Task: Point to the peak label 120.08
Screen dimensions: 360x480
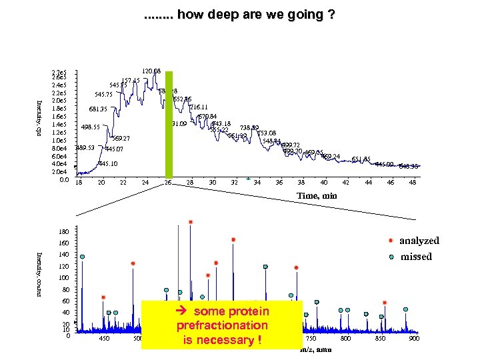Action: coord(151,71)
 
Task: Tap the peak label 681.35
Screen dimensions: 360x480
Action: coord(99,109)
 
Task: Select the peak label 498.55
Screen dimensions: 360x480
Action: coord(90,127)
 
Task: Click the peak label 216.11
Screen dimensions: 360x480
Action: coord(199,107)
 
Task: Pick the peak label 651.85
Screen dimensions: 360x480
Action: coord(361,159)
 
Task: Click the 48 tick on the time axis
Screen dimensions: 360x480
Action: coord(413,183)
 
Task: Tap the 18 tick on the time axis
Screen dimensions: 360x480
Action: coord(79,183)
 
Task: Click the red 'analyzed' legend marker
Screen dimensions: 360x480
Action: coord(391,241)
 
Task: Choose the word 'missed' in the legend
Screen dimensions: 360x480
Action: coord(415,257)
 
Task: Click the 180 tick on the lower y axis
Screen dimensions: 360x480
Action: coord(63,232)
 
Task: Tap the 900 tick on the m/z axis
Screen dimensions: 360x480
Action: coord(413,339)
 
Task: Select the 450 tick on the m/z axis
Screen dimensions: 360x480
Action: coord(104,339)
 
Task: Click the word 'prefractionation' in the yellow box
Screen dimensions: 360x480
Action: coord(222,326)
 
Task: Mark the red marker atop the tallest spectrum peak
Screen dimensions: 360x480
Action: coord(191,221)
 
